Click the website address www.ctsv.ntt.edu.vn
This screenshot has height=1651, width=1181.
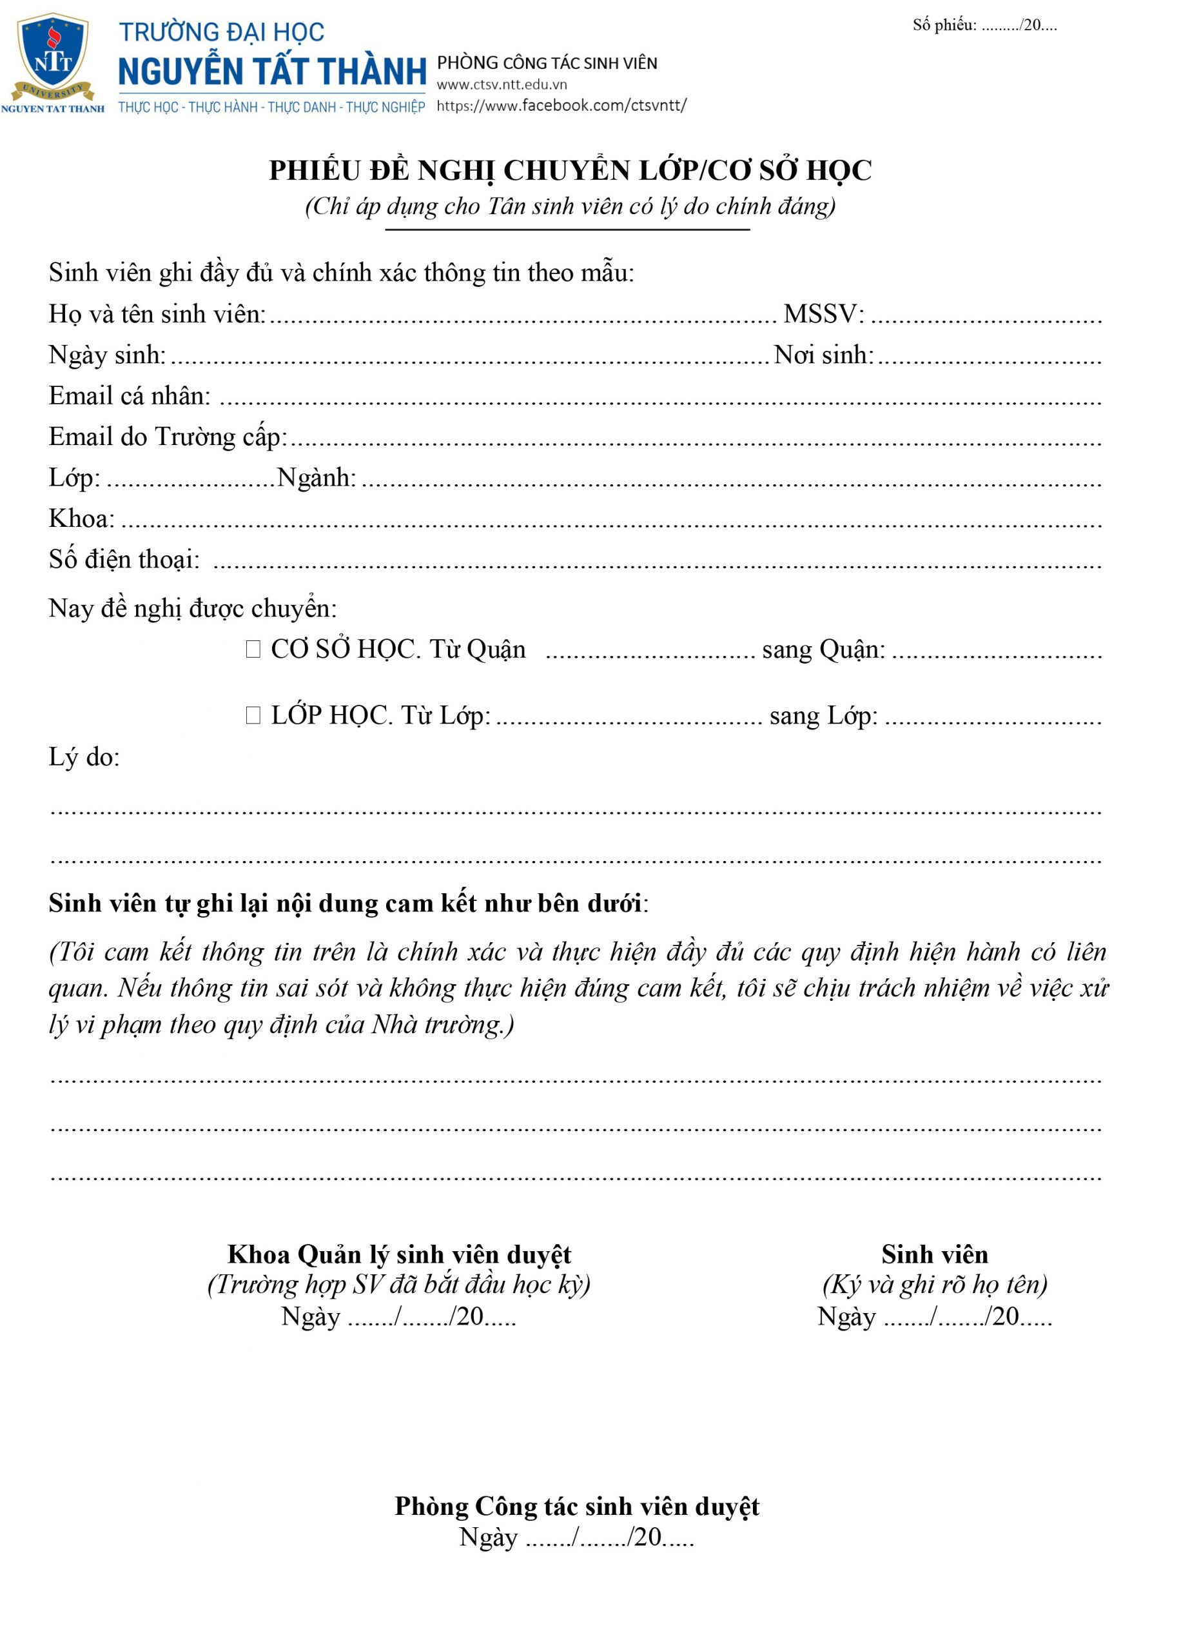pos(502,85)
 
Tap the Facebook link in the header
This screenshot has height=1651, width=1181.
pos(561,106)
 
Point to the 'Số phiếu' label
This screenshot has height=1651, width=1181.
pos(944,25)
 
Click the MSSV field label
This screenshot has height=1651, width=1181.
pos(823,314)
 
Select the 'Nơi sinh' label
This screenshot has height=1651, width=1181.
pos(823,355)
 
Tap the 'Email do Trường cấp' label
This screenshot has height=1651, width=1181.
pos(167,437)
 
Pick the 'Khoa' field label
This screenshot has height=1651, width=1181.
pos(81,519)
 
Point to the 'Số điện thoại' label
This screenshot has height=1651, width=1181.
pos(124,559)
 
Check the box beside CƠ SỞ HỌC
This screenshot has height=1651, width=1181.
pos(253,649)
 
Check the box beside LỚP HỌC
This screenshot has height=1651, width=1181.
pos(253,715)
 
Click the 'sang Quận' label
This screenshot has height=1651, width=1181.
pos(823,649)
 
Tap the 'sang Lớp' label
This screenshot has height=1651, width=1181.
pos(823,716)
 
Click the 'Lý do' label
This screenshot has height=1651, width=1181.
pos(84,757)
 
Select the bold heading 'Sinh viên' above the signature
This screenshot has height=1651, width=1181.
pos(935,1254)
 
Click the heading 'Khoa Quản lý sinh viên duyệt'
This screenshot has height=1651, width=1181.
pos(399,1254)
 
